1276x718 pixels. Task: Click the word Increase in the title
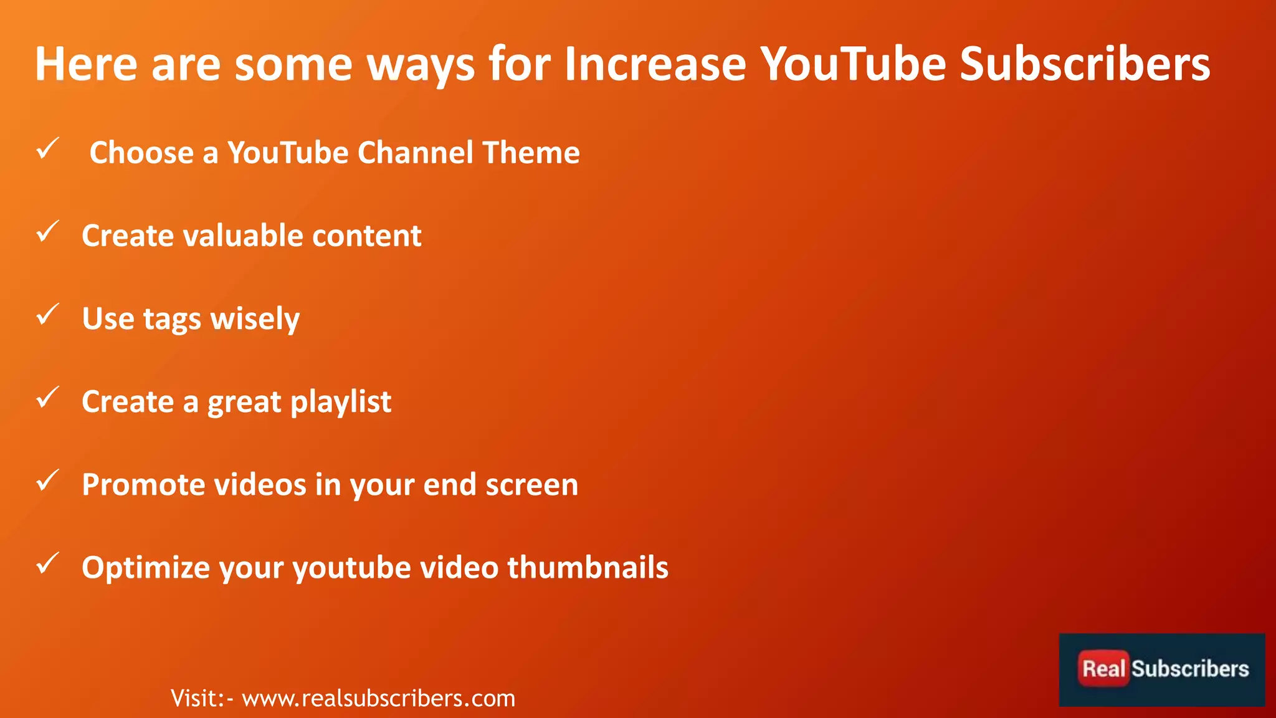click(655, 64)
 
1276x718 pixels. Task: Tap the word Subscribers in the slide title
click(1085, 64)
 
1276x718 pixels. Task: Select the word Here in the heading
click(86, 64)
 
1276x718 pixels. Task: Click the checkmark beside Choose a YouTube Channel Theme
click(47, 149)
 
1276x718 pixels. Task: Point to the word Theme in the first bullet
click(531, 153)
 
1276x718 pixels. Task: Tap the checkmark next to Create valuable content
click(47, 232)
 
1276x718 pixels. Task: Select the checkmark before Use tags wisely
click(47, 315)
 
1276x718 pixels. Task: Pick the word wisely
click(255, 320)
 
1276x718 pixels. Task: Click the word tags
click(172, 320)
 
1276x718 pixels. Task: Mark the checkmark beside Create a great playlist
click(47, 398)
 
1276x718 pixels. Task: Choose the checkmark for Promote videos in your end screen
click(47, 481)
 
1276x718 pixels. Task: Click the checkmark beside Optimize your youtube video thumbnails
click(47, 563)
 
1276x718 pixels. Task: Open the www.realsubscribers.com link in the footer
click(378, 699)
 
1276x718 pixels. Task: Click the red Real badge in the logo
click(1103, 669)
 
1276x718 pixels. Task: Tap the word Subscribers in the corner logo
click(1190, 669)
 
